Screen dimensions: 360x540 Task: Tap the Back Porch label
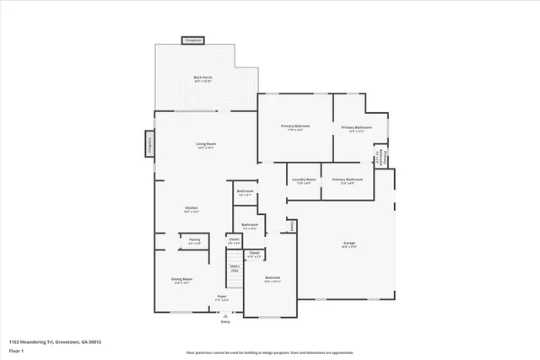(x=202, y=78)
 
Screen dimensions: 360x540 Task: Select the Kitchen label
(x=192, y=209)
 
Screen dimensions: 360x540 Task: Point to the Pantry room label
(x=194, y=241)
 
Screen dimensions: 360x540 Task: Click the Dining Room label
(x=182, y=280)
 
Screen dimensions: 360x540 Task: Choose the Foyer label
(x=222, y=298)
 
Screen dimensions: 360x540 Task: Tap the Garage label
(x=348, y=244)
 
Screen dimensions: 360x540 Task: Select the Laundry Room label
(x=304, y=180)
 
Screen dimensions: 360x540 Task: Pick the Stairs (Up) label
(x=235, y=268)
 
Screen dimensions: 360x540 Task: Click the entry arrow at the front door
(x=225, y=314)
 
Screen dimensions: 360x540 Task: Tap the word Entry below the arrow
(x=225, y=321)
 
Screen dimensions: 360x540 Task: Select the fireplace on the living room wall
(x=149, y=144)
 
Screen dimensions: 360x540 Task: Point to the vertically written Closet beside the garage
(x=291, y=226)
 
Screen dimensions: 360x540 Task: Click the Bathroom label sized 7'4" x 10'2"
(x=250, y=226)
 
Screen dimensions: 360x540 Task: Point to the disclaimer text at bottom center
(x=269, y=352)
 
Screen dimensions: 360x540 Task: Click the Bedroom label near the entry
(x=272, y=278)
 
